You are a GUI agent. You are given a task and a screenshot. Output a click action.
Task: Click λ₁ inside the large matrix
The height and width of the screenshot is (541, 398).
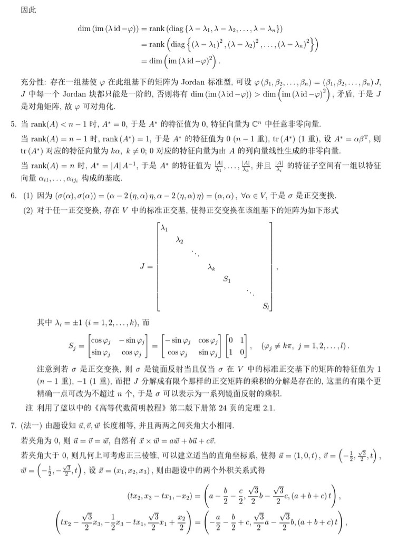[x=164, y=229]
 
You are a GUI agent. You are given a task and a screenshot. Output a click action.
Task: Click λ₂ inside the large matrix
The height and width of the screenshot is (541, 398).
[x=180, y=241]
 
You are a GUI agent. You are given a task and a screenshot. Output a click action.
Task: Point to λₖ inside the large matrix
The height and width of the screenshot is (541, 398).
[x=211, y=267]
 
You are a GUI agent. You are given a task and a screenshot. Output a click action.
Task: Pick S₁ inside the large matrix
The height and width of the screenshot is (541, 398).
[x=227, y=279]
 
